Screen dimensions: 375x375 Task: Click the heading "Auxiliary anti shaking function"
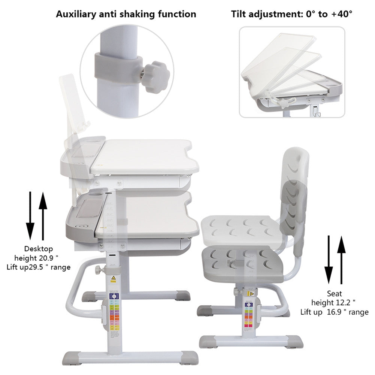tap(126, 14)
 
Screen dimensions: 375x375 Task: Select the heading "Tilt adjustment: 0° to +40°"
tap(292, 14)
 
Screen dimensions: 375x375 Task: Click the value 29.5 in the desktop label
tap(46, 267)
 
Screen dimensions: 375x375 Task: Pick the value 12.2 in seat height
tap(344, 303)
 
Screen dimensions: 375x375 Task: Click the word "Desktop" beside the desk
tap(39, 248)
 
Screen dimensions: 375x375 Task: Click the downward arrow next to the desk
tap(30, 215)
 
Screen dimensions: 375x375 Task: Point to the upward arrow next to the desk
tap(43, 215)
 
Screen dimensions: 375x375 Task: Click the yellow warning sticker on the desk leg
tap(113, 278)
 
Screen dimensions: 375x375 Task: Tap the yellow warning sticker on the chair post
tap(252, 294)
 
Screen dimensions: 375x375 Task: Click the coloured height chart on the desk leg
tap(114, 311)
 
